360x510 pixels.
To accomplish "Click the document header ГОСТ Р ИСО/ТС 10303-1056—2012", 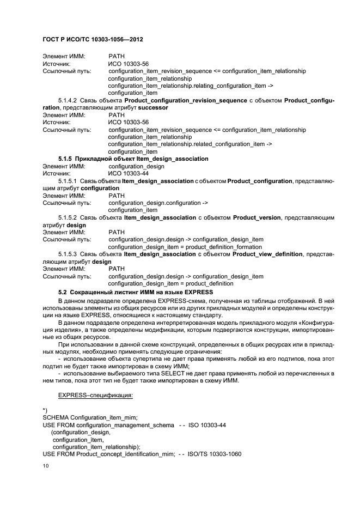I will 92,40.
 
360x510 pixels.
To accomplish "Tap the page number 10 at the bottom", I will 45,466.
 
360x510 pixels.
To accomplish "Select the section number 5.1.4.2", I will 68,101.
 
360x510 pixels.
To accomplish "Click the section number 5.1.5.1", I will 68,181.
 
